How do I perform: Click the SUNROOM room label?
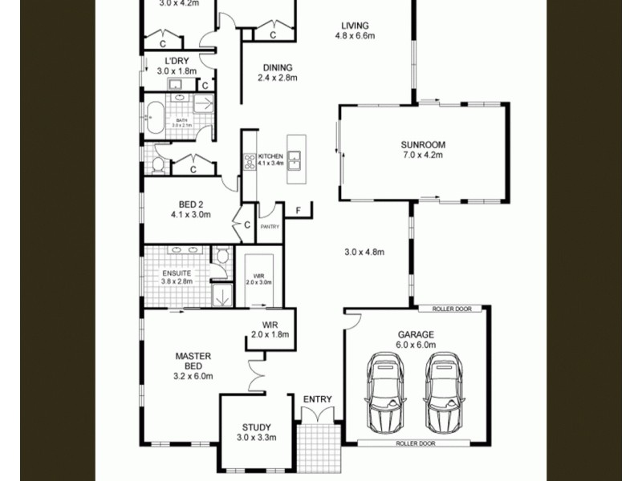[423, 145]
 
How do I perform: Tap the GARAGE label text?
[416, 334]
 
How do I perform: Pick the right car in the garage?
[444, 393]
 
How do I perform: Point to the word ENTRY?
[317, 399]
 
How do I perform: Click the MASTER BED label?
[193, 361]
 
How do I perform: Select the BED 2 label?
[190, 204]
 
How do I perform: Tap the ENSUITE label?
[177, 273]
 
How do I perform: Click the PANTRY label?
[269, 228]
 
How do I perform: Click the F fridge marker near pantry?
[299, 211]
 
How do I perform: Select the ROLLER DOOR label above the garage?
[451, 309]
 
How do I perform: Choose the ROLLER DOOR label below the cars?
[416, 443]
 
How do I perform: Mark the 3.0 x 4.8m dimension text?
[364, 253]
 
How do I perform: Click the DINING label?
[278, 68]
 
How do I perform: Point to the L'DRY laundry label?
[177, 61]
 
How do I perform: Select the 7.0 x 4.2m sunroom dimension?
[423, 156]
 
